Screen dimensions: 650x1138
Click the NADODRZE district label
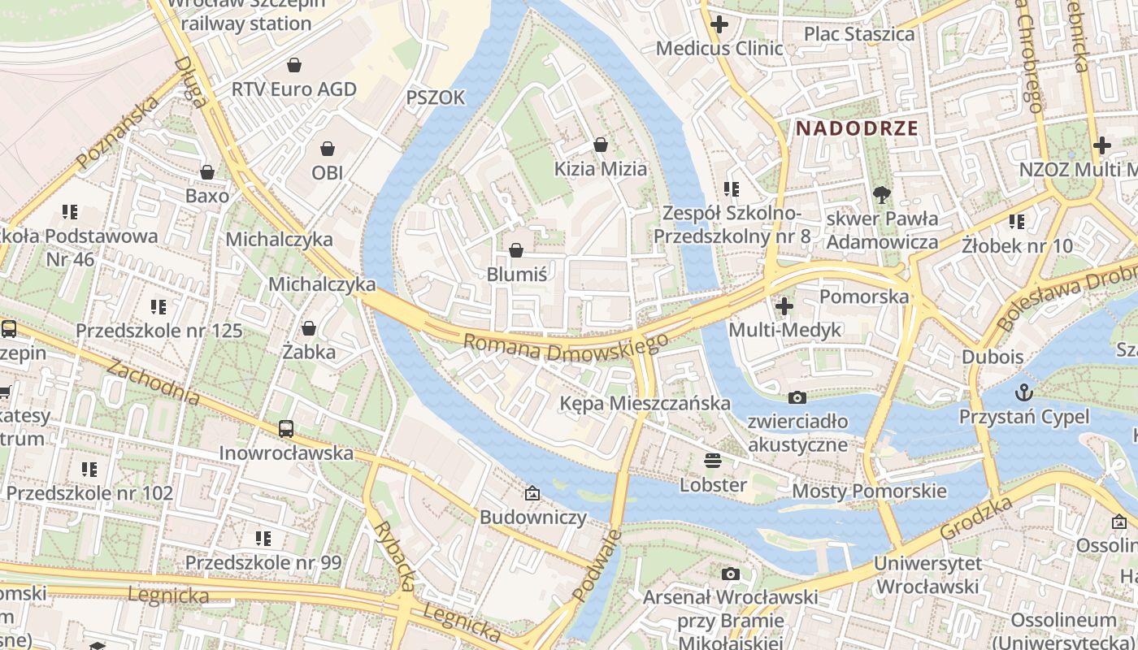coord(857,128)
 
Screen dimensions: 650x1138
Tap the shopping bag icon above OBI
coord(328,149)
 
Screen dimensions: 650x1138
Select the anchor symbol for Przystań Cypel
coord(1024,393)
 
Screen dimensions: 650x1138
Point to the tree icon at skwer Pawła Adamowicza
coord(880,194)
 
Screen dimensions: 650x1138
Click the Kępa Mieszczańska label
coord(645,403)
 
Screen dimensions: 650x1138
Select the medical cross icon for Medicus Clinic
coord(719,24)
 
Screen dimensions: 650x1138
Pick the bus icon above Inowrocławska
coord(285,428)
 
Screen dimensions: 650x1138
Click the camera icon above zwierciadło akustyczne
coord(797,397)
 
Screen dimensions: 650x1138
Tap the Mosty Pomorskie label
coord(869,491)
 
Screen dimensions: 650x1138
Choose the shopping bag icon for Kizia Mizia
coord(601,145)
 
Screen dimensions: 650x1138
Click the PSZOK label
coord(436,97)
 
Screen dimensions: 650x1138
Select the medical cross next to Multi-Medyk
coord(784,306)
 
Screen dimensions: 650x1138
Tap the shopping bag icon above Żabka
coord(309,328)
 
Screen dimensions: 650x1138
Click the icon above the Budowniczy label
coord(532,493)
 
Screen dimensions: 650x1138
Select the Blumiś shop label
coord(516,274)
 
